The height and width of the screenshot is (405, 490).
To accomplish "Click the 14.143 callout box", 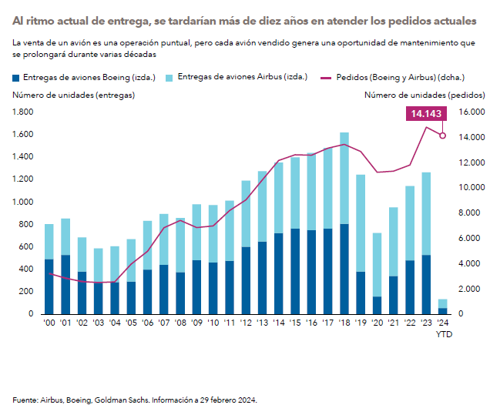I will click(x=425, y=113).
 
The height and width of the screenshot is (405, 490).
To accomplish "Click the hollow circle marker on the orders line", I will click(x=442, y=136).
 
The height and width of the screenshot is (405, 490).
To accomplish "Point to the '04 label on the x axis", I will click(x=114, y=323).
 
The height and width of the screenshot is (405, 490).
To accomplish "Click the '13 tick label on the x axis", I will click(x=261, y=323).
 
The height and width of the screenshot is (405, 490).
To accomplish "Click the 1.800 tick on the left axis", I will click(x=24, y=112).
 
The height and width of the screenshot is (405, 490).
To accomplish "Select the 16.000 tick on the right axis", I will click(x=471, y=112).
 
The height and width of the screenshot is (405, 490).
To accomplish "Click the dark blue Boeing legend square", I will click(x=17, y=78).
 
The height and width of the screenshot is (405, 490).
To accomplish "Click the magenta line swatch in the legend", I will click(x=324, y=78).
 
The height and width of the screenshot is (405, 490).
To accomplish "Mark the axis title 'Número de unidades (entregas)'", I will click(x=73, y=95).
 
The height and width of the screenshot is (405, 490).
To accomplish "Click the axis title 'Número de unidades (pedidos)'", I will click(x=425, y=95).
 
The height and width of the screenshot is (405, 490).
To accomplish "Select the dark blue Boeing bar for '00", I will click(x=49, y=286).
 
